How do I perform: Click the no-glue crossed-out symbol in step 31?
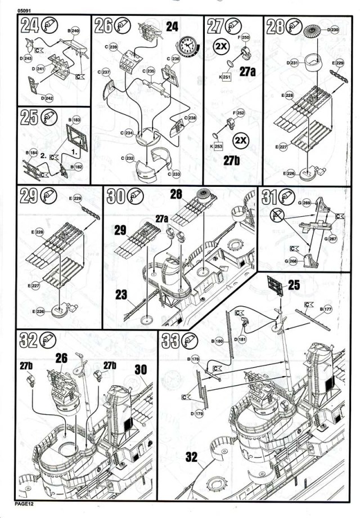[x=276, y=215]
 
